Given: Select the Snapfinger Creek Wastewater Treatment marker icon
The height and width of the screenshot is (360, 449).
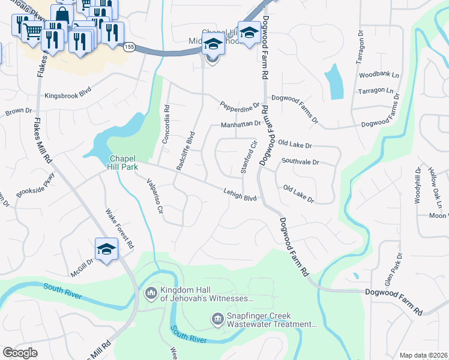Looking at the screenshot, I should click(x=217, y=319).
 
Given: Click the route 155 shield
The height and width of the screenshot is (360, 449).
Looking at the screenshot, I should click(x=128, y=46).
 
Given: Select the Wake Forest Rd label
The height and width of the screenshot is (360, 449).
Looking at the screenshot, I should click(x=119, y=229).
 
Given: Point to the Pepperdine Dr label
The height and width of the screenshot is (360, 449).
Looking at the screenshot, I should click(x=239, y=104).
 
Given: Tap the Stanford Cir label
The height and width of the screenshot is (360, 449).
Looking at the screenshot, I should click(x=248, y=157).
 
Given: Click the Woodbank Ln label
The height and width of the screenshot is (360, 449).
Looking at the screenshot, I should click(x=379, y=75).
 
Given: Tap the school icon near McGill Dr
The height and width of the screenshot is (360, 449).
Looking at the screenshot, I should click(x=106, y=249).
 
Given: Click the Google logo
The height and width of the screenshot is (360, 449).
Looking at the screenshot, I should click(x=20, y=353).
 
